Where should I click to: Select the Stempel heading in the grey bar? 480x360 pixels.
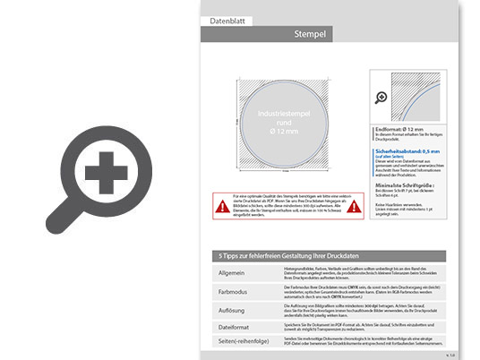pos(309,35)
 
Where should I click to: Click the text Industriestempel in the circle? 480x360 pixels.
pos(283,116)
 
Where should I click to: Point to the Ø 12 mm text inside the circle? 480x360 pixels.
pos(283,132)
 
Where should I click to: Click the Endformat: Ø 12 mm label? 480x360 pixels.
pos(398,131)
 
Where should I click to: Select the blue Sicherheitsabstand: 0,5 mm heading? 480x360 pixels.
pos(407,152)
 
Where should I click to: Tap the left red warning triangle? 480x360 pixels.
pos(220,206)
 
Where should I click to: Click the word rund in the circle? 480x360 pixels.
pos(283,124)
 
